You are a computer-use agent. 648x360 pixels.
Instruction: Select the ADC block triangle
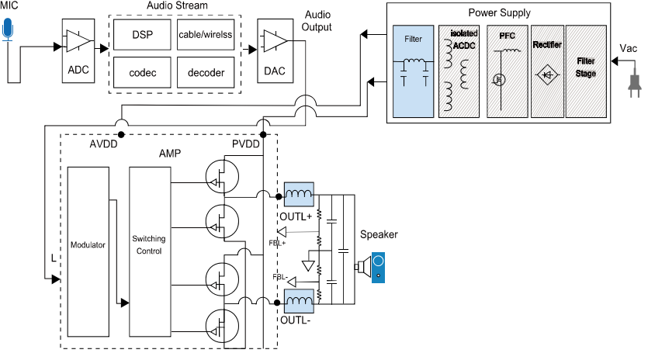(x=78, y=40)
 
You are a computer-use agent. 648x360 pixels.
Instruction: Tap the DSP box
(x=141, y=34)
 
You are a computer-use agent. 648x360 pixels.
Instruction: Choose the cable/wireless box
(x=205, y=34)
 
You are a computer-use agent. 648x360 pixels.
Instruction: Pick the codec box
(x=141, y=73)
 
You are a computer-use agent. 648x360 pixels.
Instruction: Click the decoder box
(x=205, y=73)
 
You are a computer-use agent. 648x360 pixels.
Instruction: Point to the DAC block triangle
(x=275, y=40)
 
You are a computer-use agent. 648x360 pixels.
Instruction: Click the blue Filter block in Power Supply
(x=414, y=71)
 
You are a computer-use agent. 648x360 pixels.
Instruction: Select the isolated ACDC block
(x=459, y=71)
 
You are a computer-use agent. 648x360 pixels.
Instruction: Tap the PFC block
(x=506, y=71)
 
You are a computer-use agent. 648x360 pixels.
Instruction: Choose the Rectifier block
(x=547, y=71)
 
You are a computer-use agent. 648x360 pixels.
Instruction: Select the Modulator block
(x=88, y=245)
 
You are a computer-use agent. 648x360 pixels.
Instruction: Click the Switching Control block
(x=149, y=245)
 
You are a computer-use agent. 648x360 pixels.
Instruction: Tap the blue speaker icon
(x=377, y=267)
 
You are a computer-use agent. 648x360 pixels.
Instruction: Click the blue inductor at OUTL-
(x=299, y=299)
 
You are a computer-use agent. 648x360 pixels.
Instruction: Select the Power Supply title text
(x=499, y=13)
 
